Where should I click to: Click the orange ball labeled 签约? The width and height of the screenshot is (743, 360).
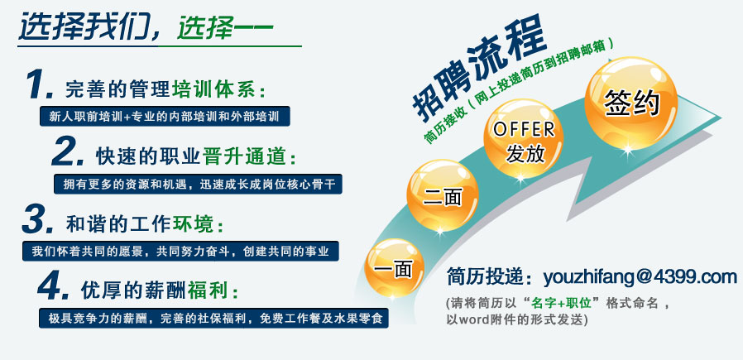[x=630, y=103]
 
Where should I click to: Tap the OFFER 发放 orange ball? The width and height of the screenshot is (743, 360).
[x=523, y=138]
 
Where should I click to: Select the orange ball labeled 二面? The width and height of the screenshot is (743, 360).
[x=442, y=195]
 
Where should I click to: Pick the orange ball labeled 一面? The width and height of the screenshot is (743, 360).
[x=393, y=267]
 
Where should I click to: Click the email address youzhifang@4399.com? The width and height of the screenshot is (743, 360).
[x=640, y=277]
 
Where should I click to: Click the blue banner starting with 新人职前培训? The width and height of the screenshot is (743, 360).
[x=165, y=116]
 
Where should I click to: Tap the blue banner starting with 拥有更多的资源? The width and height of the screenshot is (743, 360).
[x=198, y=184]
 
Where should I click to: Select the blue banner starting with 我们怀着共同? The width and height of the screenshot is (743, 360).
[x=180, y=251]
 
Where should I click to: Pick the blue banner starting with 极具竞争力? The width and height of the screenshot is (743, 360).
[x=213, y=318]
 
